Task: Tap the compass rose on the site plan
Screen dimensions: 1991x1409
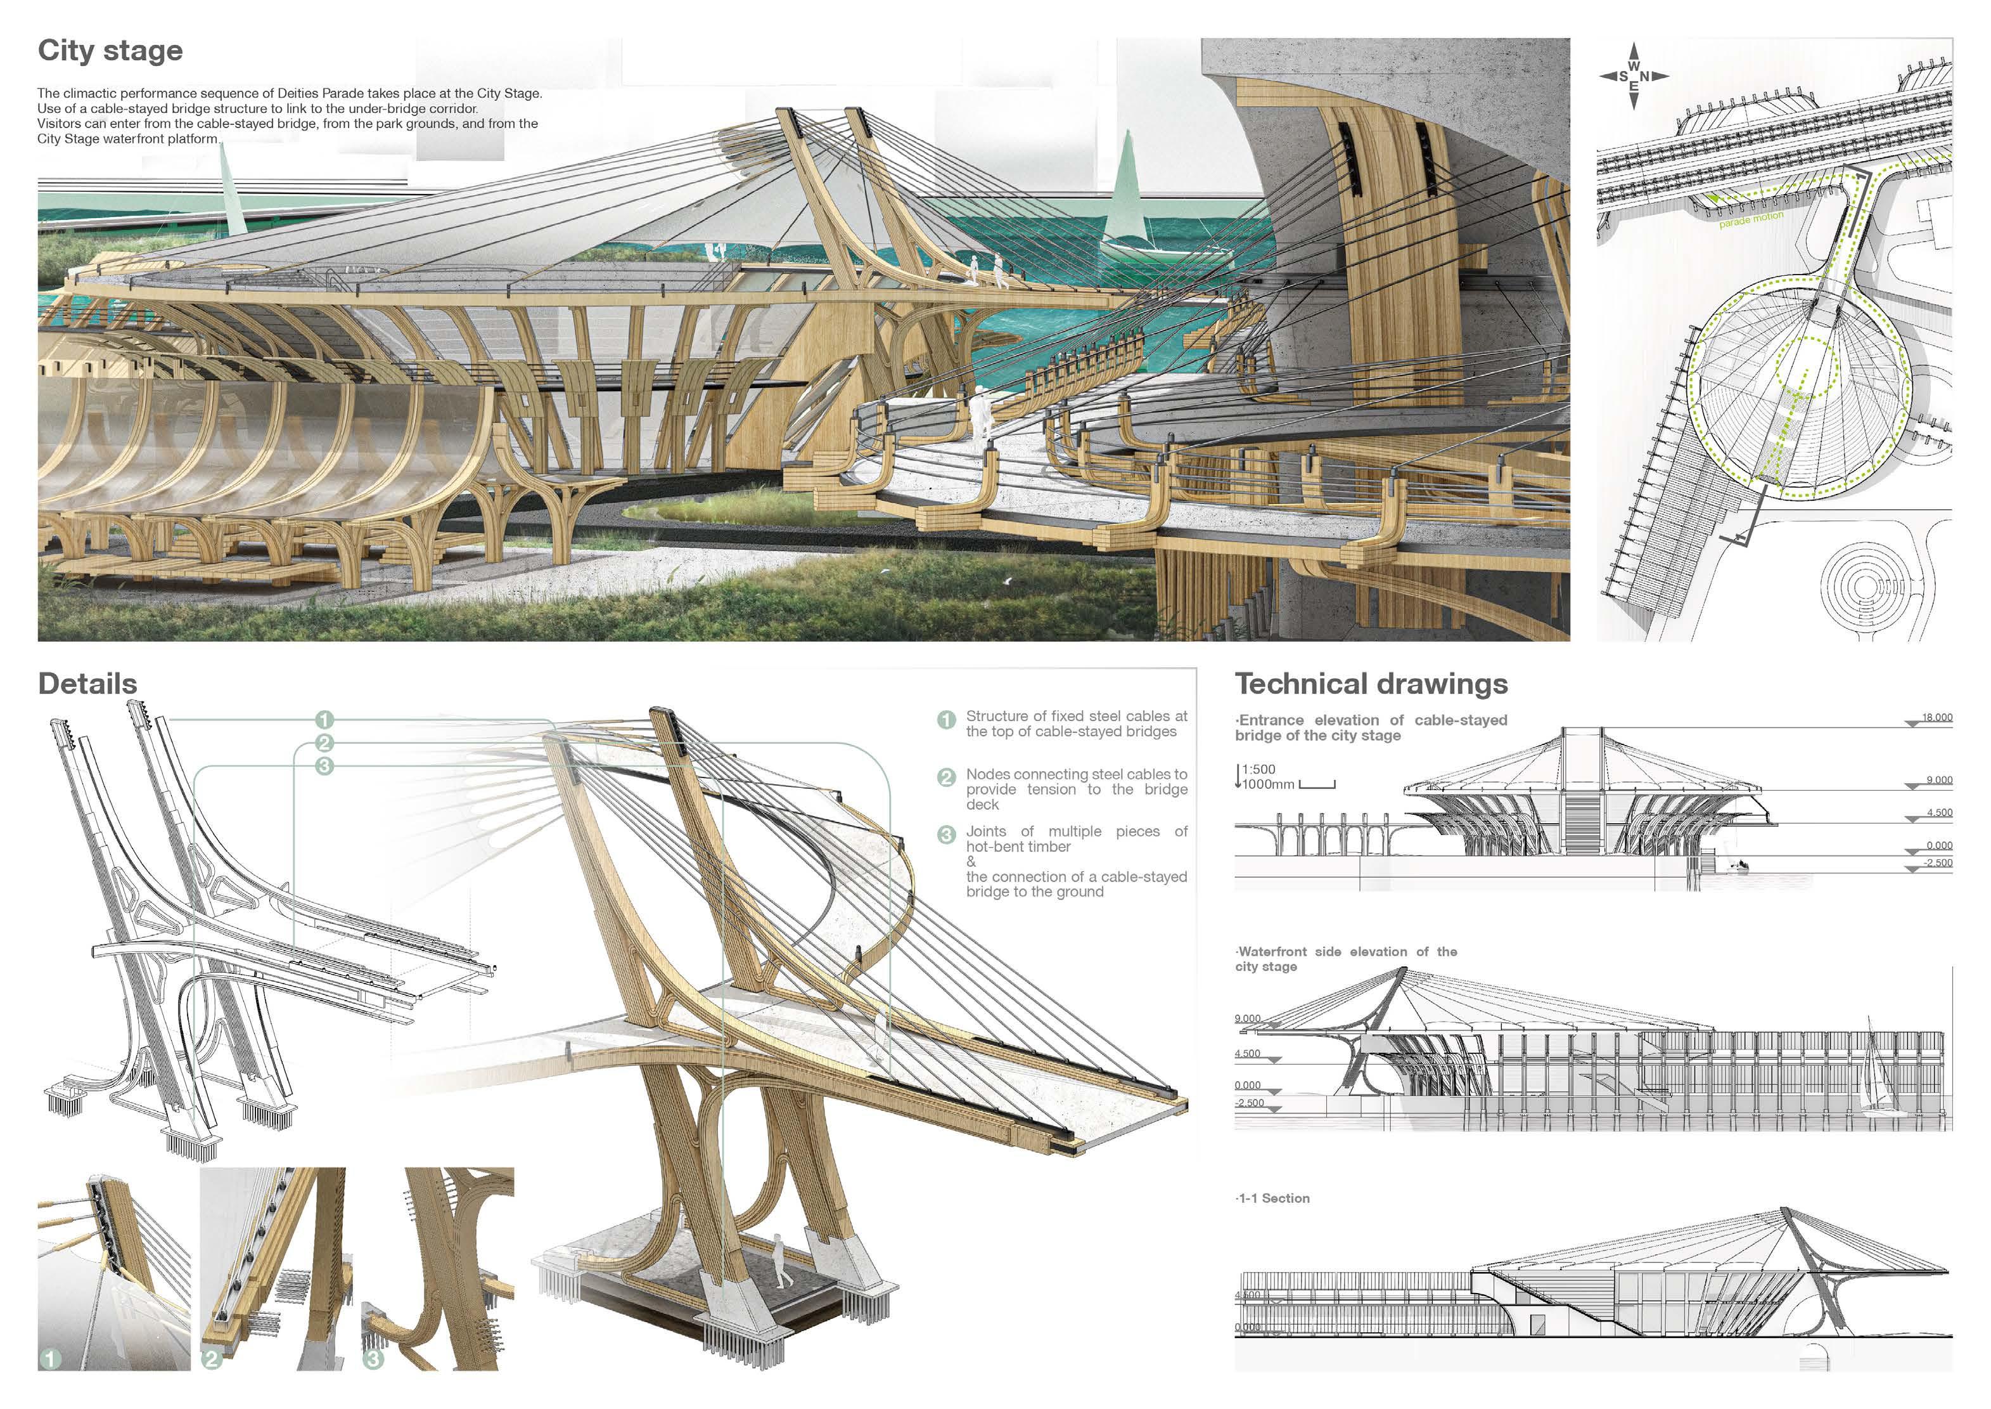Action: click(1634, 76)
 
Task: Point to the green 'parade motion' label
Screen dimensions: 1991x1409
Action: click(1751, 219)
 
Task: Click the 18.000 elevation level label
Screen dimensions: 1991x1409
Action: click(1937, 718)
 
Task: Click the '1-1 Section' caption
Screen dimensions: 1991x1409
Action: click(1273, 1198)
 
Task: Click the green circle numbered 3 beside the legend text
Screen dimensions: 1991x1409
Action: click(946, 834)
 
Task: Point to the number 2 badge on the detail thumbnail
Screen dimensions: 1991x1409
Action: click(212, 1359)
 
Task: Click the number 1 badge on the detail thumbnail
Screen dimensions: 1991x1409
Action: click(50, 1359)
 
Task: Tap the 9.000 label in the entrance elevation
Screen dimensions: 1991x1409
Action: click(1939, 780)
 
